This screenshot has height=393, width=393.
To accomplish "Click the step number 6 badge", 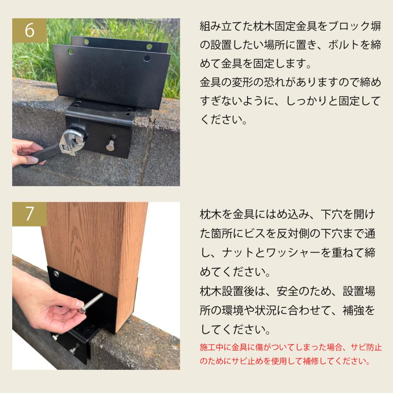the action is pos(29,30).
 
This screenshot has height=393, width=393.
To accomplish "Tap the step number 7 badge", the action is pos(29,214).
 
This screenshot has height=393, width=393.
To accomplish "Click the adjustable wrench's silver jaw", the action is pos(73,141).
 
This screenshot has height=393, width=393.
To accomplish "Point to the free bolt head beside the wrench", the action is pos(110,145).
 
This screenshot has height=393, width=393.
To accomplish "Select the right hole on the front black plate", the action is pos(147,59).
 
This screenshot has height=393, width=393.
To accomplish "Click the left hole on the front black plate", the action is pos(71,52).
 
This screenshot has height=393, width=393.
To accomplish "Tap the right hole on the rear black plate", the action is pos(149,47).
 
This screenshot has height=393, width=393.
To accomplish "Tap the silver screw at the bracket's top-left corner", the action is pos(55,273).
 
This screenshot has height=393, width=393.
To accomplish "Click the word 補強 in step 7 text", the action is pos(353,310).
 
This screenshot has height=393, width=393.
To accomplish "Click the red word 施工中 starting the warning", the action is pos(211,348).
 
